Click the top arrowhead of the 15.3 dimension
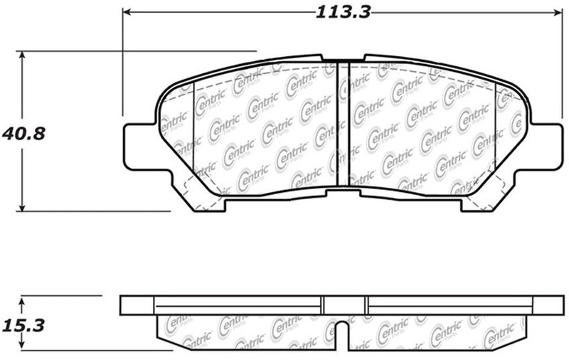[23, 300]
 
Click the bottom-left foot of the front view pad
[208, 203]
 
